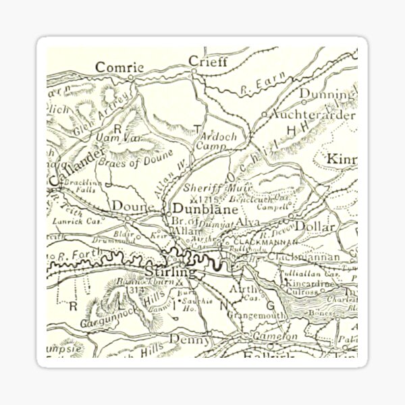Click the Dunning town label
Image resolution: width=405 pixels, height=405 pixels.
point(327,94)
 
